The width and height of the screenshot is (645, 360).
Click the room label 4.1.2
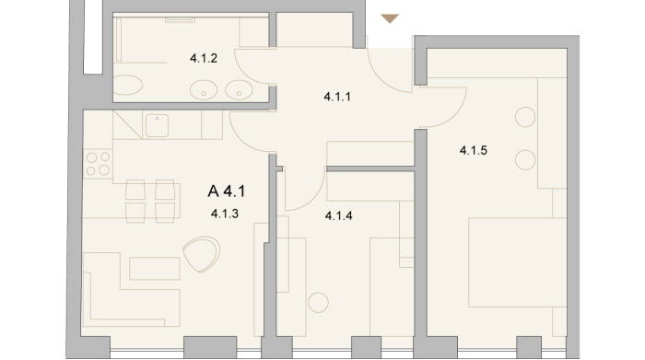(204, 58)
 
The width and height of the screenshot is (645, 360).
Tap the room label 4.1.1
(337, 97)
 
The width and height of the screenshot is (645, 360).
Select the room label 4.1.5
(474, 150)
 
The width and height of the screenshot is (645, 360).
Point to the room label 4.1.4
(338, 215)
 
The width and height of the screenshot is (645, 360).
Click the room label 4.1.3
(225, 214)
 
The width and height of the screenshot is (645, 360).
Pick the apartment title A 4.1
(227, 192)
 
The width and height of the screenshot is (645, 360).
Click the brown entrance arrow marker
(390, 18)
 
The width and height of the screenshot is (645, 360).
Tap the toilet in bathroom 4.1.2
(127, 85)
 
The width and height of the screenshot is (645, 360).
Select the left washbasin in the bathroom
(204, 90)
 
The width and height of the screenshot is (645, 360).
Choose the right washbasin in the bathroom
(239, 90)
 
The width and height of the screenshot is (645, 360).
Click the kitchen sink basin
(158, 125)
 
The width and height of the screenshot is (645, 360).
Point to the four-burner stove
(98, 164)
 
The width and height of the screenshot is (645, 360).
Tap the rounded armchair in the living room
(202, 254)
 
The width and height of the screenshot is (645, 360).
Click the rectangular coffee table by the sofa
(155, 268)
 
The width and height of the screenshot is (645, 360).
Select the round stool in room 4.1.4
(319, 303)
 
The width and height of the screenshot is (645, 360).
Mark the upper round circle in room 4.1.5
(525, 117)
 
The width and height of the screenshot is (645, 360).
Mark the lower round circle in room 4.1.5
(525, 160)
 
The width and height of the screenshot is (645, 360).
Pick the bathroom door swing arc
(246, 74)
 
